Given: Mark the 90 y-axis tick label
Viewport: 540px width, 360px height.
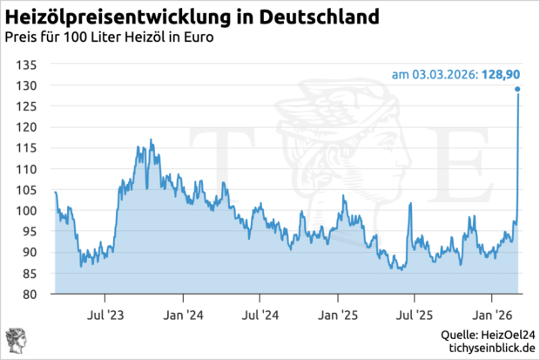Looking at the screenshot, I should point(30,253).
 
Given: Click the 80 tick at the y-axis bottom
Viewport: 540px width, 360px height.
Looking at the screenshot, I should point(30,295).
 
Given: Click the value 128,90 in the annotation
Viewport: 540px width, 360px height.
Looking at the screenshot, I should point(503,73).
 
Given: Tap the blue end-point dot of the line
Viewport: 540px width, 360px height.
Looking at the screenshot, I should point(517,89).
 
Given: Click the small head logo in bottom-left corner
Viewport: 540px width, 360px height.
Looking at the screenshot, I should point(15,341).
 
